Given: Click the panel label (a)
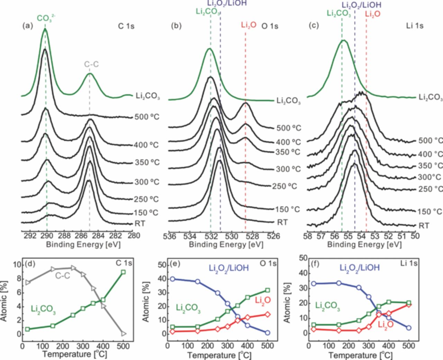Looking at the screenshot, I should (x=27, y=26).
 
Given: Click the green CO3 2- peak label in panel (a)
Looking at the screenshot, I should (x=45, y=18).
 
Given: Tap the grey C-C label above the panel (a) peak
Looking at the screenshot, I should (x=91, y=64).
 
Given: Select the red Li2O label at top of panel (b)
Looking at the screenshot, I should (x=248, y=25).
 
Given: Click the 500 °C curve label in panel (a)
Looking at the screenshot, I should (x=147, y=117).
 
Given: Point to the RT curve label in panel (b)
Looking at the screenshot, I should (x=282, y=222).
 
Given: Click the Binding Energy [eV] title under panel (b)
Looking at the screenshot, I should (x=226, y=245).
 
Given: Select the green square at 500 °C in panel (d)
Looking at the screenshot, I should (x=123, y=272).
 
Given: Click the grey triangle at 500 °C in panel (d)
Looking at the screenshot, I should (x=124, y=334).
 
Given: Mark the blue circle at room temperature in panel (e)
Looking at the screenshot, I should (x=172, y=279).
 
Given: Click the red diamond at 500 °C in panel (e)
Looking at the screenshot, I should (x=268, y=314).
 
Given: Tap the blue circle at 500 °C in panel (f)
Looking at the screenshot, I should (x=408, y=327).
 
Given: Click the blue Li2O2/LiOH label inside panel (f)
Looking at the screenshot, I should (x=360, y=268).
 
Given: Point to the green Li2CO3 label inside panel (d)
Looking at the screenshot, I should (x=43, y=309).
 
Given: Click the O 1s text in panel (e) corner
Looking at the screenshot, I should (x=269, y=264).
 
